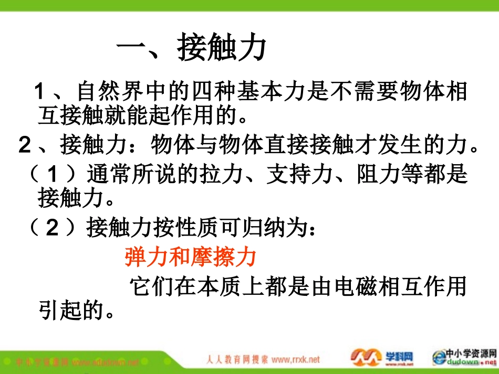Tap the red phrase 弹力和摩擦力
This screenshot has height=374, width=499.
coord(191,257)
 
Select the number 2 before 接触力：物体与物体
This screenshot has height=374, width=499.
coord(25,145)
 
